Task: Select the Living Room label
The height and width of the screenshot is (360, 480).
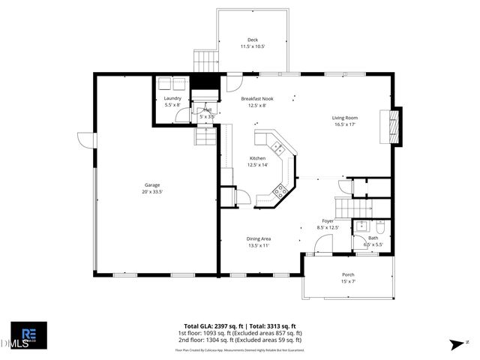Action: [345, 118]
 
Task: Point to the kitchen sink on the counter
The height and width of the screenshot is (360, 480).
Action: [276, 145]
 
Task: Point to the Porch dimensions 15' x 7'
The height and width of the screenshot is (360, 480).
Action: [348, 281]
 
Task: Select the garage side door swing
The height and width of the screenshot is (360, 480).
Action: [84, 140]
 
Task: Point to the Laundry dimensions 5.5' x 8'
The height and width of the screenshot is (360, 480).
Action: [172, 105]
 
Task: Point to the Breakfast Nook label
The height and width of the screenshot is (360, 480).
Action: [257, 98]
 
